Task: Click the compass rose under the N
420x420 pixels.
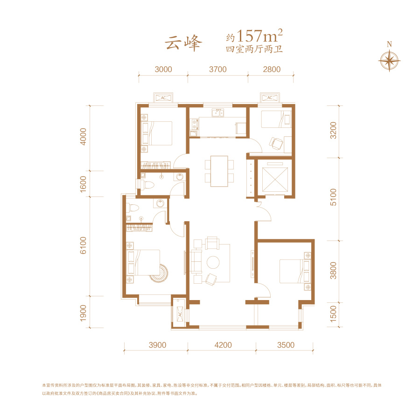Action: coord(389,61)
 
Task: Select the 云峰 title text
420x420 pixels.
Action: coord(183,43)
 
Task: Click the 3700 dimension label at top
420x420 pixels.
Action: coord(218,70)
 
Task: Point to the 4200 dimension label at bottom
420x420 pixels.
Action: coord(223,345)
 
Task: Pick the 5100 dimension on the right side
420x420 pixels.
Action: coord(333,197)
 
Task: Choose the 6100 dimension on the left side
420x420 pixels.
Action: coord(84,245)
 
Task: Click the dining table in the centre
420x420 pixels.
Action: coord(219,171)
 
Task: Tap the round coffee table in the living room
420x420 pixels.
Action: coord(213,262)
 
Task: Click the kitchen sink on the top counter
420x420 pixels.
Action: coord(218,113)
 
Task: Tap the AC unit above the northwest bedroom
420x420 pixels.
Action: coord(163,98)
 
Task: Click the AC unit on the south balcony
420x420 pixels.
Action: coord(179,313)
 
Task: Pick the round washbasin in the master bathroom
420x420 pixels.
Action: coord(160,203)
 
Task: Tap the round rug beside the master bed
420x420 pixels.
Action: coord(160,273)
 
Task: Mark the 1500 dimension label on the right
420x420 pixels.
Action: coord(333,314)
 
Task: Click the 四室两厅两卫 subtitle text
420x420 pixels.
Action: coord(254,49)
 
